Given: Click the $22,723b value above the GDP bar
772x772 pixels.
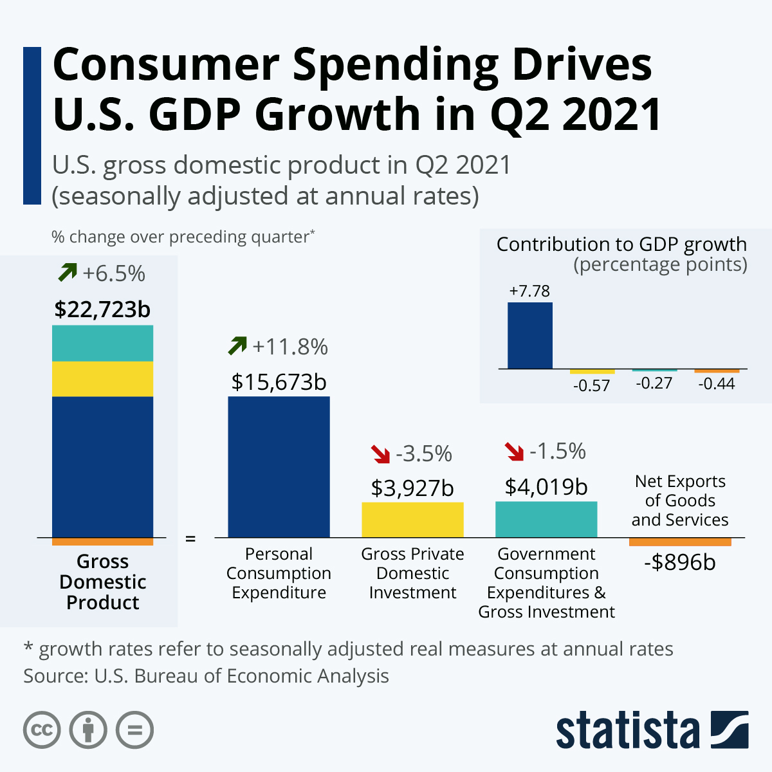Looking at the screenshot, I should [x=102, y=309].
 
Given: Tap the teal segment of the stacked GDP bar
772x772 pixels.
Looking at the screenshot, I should [x=102, y=343].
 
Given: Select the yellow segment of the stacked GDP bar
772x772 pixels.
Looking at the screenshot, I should [x=102, y=379].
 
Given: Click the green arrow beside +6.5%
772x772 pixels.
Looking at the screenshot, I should [x=67, y=273].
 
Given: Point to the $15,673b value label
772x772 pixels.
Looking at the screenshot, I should [x=279, y=382].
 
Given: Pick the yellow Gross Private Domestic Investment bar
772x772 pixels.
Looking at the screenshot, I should [x=412, y=520].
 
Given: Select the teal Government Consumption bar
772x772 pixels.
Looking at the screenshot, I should [x=546, y=519].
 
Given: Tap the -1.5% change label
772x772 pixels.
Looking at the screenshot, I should [x=558, y=452].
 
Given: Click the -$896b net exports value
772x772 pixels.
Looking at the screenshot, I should [x=680, y=563].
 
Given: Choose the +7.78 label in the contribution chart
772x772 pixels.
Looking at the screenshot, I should [x=529, y=291].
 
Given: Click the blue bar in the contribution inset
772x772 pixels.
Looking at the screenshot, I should [x=530, y=335].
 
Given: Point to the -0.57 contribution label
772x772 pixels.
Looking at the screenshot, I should [x=591, y=386].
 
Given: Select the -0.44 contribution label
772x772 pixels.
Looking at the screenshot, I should [x=717, y=384].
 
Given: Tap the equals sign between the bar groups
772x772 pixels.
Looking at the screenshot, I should [x=190, y=538].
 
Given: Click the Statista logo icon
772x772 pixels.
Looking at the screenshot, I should [x=730, y=730].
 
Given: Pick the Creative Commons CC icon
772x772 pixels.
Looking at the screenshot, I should [x=42, y=730].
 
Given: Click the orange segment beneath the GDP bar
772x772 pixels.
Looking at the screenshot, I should [x=102, y=542].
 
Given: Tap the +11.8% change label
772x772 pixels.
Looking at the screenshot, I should [x=290, y=347].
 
